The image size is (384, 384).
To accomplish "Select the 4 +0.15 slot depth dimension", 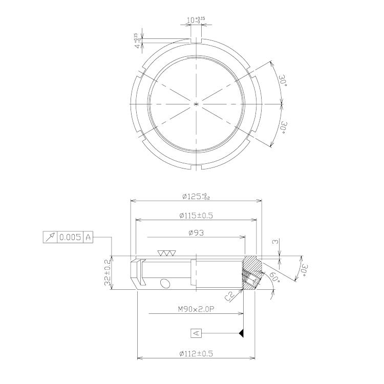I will click(x=137, y=41).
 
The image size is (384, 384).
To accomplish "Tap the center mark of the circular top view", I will click(x=197, y=104).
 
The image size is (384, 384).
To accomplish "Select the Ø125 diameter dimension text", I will click(x=196, y=196).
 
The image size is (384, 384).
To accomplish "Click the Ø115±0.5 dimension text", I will click(x=196, y=216).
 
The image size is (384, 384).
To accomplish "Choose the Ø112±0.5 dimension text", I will click(x=196, y=353).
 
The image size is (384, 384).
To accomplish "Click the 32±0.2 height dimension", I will click(x=108, y=273).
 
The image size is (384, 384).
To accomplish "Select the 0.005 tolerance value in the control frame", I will click(x=70, y=238).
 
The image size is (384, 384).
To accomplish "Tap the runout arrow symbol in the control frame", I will click(x=50, y=238).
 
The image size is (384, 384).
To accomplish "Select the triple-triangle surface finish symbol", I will click(x=167, y=253).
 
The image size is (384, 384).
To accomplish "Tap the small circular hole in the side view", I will click(x=165, y=284).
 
